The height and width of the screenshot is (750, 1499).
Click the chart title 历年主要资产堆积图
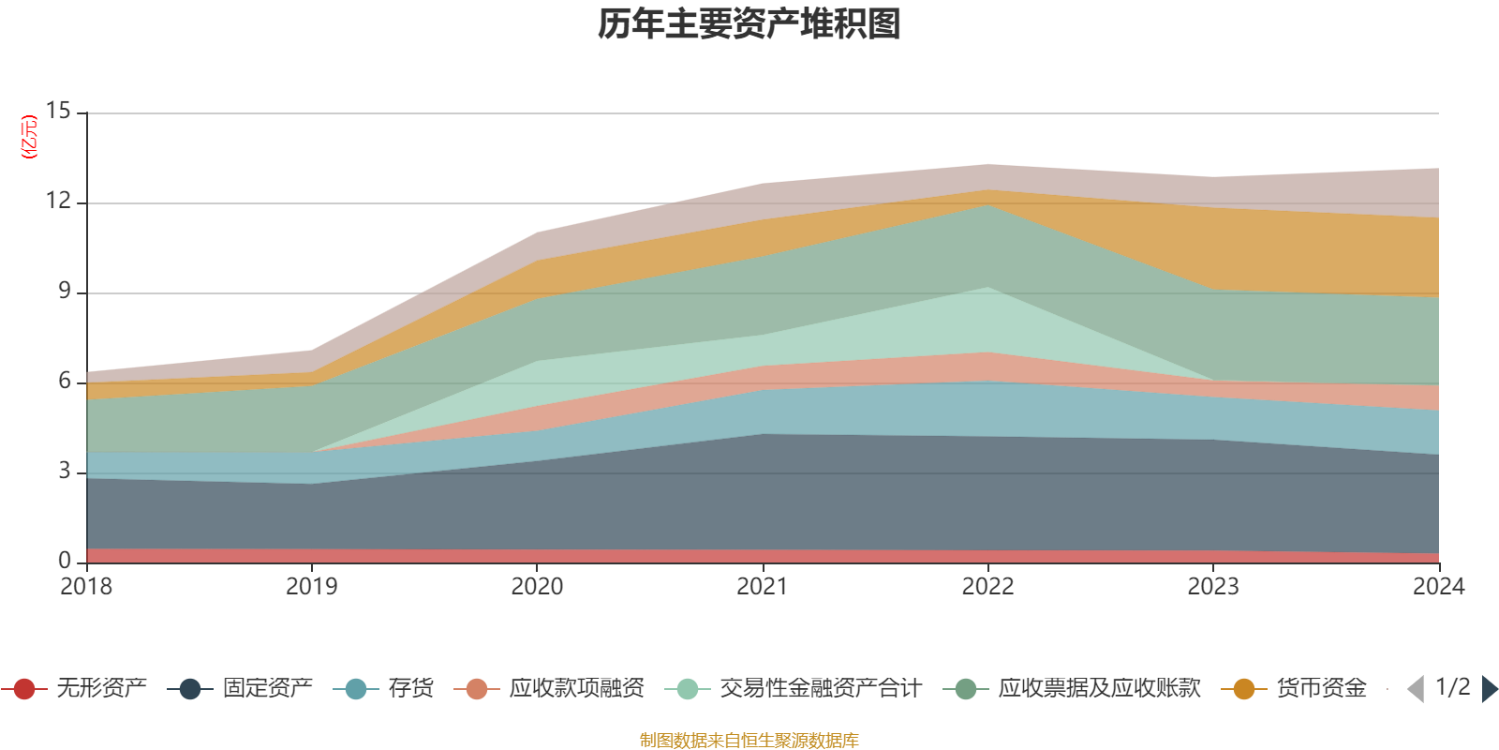point(749,24)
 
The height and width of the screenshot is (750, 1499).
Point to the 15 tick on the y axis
point(58,112)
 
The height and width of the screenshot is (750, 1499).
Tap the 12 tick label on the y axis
point(58,202)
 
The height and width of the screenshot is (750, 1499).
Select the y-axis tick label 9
point(64,292)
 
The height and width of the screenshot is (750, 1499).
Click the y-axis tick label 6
point(64,381)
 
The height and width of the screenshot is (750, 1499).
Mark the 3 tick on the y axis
point(64,471)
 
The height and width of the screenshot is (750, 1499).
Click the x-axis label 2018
point(86,587)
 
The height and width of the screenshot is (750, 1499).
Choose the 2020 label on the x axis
point(537,587)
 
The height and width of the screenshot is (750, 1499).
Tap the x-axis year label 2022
point(987,587)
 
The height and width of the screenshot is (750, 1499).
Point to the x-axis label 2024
point(1438,587)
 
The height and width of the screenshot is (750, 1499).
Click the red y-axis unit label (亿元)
point(30,137)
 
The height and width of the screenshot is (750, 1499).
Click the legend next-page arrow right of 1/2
point(1489,689)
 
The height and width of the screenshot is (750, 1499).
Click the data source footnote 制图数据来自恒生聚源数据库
point(749,741)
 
